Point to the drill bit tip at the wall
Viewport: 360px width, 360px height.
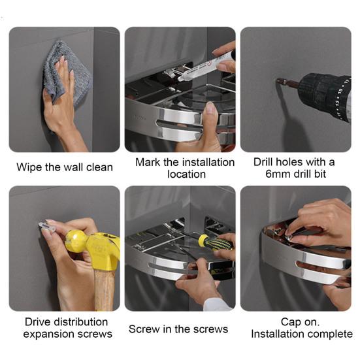[277, 80]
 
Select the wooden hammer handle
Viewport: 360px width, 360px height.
[104, 291]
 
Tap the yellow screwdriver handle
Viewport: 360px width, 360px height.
[215, 243]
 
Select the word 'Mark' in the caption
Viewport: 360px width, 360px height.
[148, 162]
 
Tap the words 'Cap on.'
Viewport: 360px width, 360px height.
[300, 322]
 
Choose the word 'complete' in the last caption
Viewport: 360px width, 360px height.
[329, 334]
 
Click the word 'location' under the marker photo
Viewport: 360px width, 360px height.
[186, 174]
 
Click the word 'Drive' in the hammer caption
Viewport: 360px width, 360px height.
[37, 322]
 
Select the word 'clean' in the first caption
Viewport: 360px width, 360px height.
[99, 167]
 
